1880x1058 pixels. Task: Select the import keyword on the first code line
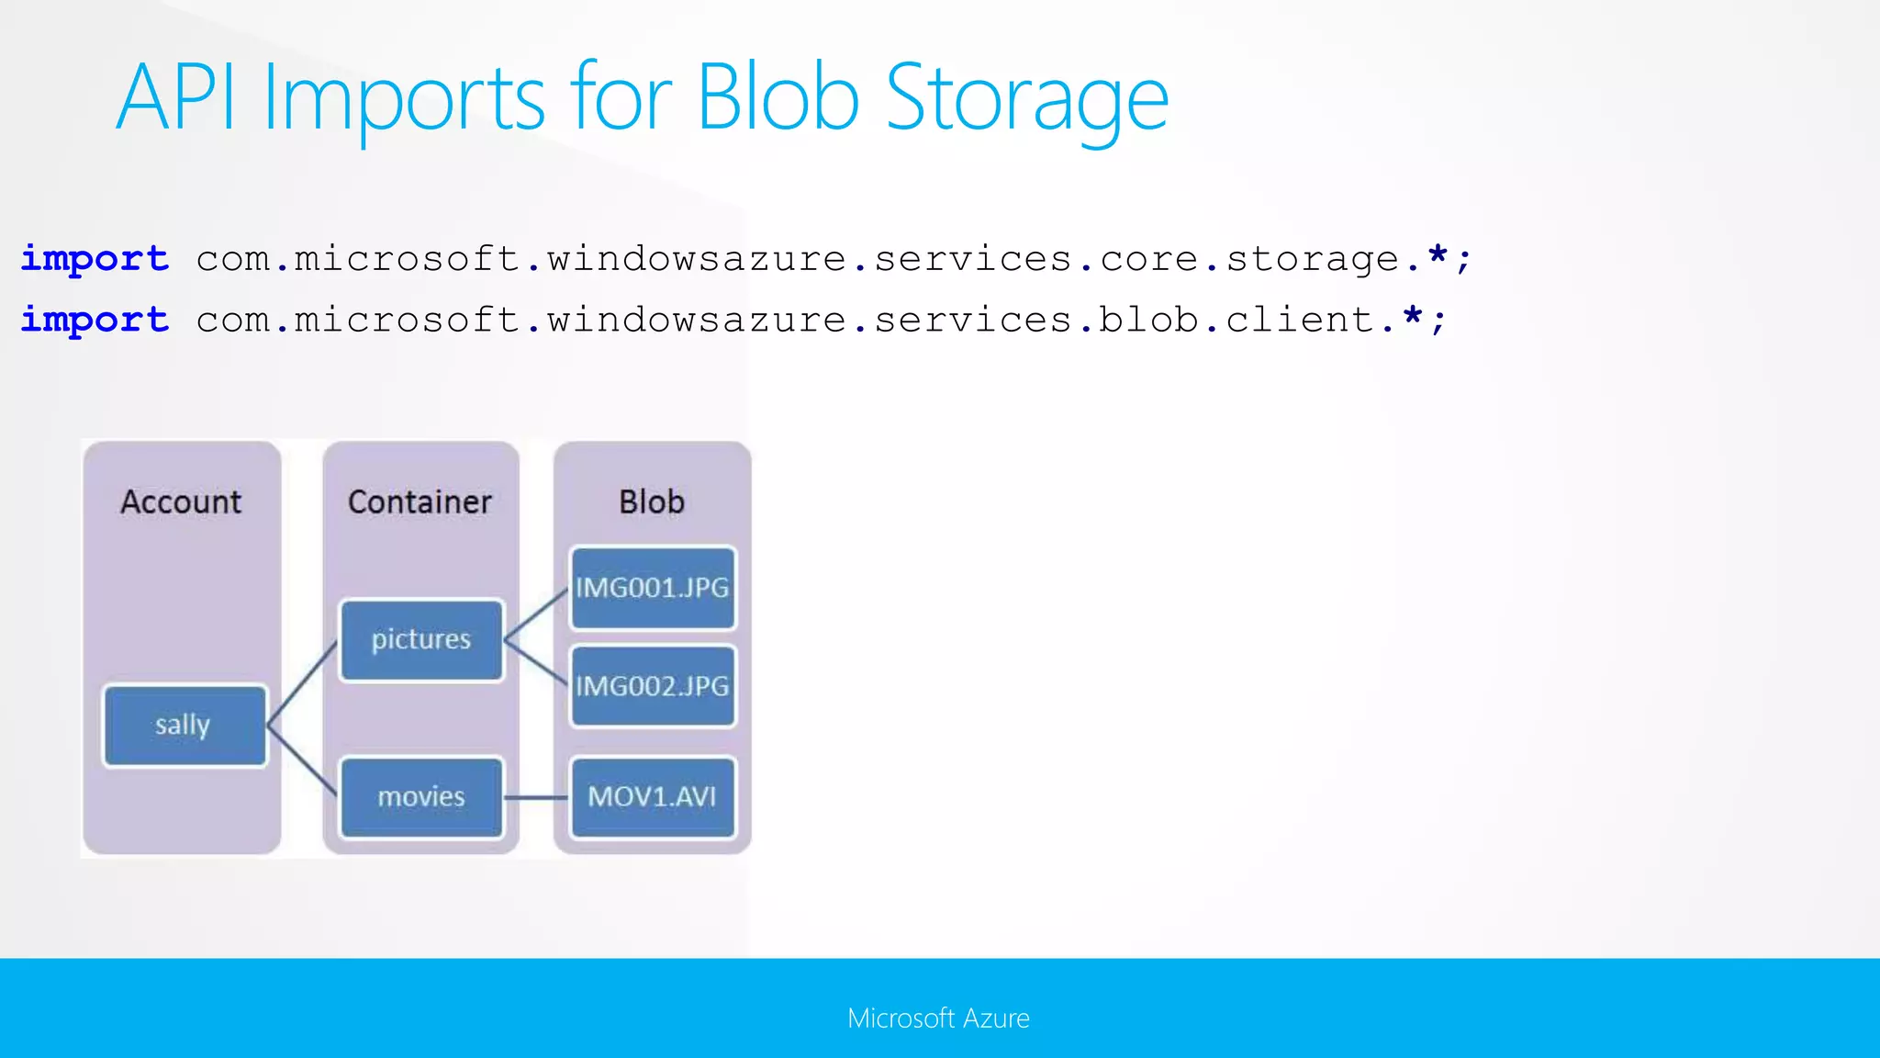pos(95,259)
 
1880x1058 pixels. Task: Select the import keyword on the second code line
pos(95,320)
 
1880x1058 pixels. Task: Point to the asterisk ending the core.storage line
pos(1438,255)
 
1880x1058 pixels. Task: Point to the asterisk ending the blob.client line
pos(1412,317)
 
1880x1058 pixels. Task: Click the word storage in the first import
pos(1312,260)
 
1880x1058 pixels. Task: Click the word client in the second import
pos(1299,320)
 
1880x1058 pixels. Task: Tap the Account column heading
pos(181,501)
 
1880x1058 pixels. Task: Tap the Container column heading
pos(420,501)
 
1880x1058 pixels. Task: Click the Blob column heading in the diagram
pos(652,501)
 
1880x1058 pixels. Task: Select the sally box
pos(185,726)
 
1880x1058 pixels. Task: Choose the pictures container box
pos(421,640)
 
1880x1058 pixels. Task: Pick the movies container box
pos(421,796)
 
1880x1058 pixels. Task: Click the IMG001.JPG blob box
pos(652,588)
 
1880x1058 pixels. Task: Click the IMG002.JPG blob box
pos(652,686)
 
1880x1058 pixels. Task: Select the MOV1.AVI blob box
pos(652,796)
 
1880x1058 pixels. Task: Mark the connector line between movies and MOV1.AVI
pos(536,797)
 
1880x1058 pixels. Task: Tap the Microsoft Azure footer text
pos(938,1018)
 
